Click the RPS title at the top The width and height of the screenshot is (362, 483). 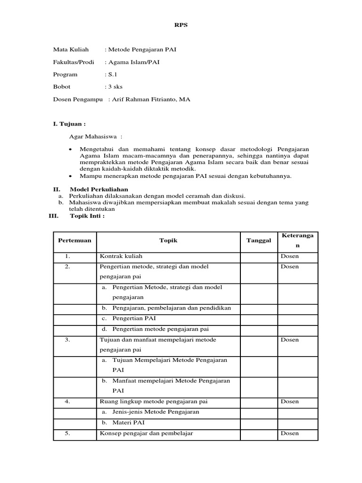coord(181,25)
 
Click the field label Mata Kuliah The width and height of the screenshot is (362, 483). coord(71,50)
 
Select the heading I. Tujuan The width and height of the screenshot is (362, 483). coord(69,124)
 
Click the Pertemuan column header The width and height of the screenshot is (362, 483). coord(74,241)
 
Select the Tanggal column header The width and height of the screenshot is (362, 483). coord(259,241)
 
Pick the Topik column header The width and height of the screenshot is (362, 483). coord(168,241)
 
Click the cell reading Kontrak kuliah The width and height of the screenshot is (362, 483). coord(120,256)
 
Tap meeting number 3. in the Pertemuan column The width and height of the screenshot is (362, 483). coord(68,340)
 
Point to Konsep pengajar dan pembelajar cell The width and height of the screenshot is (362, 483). coord(146,433)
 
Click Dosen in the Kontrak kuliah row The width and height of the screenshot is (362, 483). coord(289,256)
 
